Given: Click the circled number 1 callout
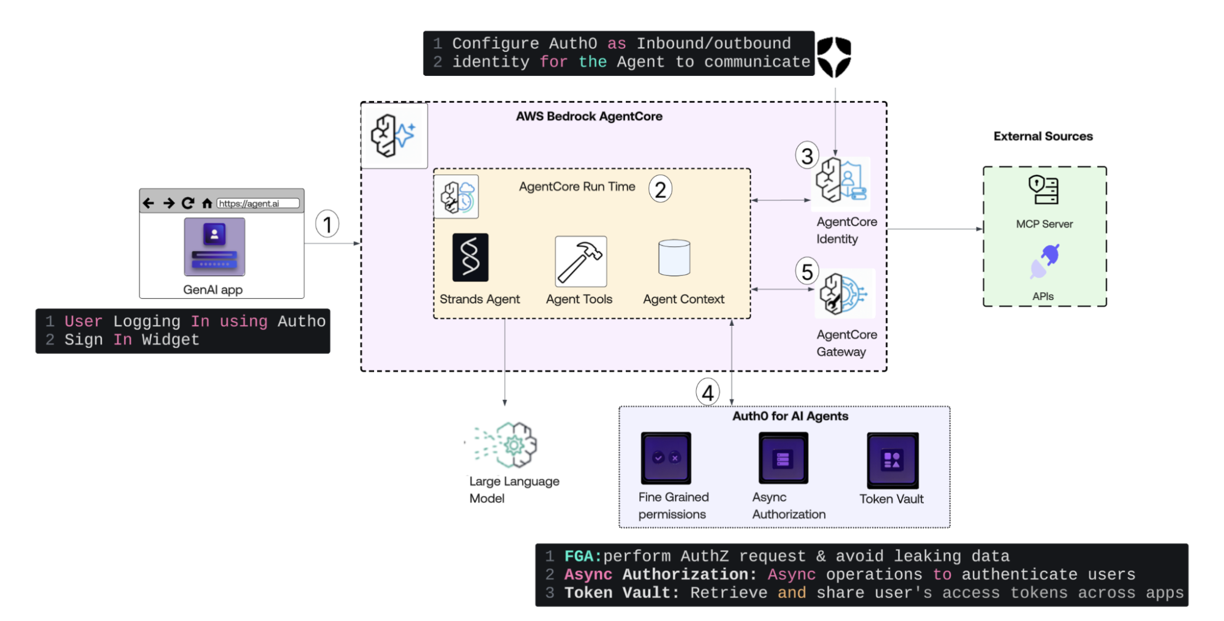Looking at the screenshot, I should pyautogui.click(x=328, y=224).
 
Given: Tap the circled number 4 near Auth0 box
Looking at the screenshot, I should pyautogui.click(x=707, y=392).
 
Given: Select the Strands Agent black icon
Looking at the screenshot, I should pyautogui.click(x=470, y=257).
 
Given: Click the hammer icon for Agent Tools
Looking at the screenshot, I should pyautogui.click(x=580, y=262).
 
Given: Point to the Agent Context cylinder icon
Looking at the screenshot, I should pyautogui.click(x=674, y=258).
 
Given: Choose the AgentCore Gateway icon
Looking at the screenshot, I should pyautogui.click(x=844, y=294).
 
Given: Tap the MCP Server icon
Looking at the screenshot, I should pyautogui.click(x=1043, y=190).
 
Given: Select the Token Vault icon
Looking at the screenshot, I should pyautogui.click(x=892, y=460).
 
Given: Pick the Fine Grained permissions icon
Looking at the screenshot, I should pyautogui.click(x=666, y=458).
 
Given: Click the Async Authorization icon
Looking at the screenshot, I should pyautogui.click(x=783, y=458).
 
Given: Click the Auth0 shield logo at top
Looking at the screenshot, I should pyautogui.click(x=834, y=56).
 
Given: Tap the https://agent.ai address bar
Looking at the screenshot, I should pyautogui.click(x=258, y=203).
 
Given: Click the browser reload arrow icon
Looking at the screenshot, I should pyautogui.click(x=188, y=203).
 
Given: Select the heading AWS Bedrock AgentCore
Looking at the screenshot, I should pyautogui.click(x=589, y=116).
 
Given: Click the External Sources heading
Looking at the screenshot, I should pyautogui.click(x=1043, y=136).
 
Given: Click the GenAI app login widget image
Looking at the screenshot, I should pyautogui.click(x=214, y=247).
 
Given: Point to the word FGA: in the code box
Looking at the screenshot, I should pyautogui.click(x=582, y=556).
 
